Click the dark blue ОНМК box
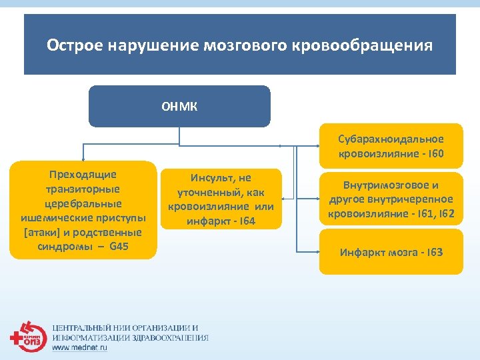tap(179, 106)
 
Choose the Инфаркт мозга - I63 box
tap(391, 252)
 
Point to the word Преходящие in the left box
tap(83, 174)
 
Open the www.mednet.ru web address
tap(79, 347)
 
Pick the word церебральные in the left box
tap(83, 203)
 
